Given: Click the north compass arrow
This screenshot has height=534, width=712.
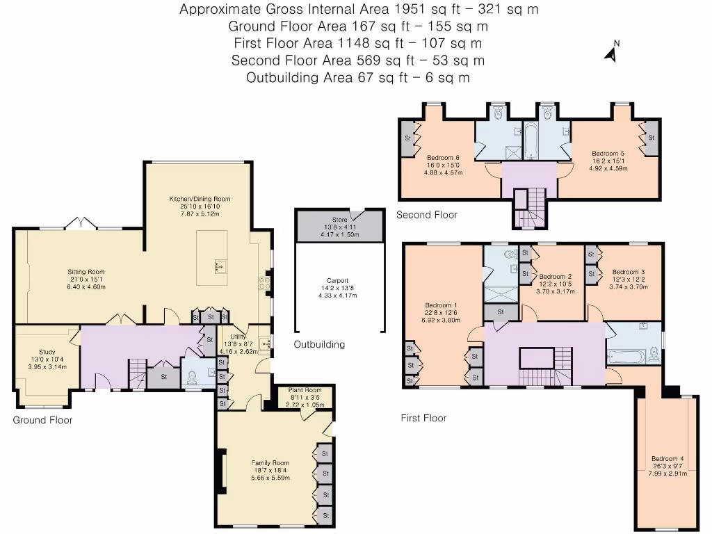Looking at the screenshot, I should pos(611,54).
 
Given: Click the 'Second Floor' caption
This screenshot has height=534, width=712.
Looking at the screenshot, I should pos(426,215).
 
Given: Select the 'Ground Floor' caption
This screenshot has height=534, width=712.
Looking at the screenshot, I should pos(42,420).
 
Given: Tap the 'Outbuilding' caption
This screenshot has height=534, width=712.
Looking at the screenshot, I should pos(318,344).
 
